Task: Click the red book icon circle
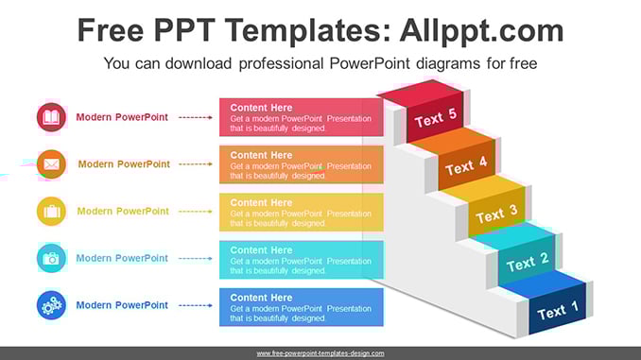tap(51, 117)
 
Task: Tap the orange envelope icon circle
tap(51, 164)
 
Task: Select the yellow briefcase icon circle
tap(51, 212)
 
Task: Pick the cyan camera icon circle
tap(51, 258)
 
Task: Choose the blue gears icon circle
tap(51, 305)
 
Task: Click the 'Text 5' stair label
tap(436, 118)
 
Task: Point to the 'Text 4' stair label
tap(466, 165)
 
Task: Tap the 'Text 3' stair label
tap(496, 214)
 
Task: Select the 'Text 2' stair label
tap(528, 262)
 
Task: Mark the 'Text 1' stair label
tap(558, 311)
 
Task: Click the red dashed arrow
tap(196, 118)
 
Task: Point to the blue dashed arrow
tap(196, 305)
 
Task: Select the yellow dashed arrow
tap(196, 212)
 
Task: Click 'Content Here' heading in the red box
tap(261, 108)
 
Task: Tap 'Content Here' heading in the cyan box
tap(261, 250)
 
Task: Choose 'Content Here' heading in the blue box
tap(261, 298)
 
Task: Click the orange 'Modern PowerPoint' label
tap(124, 164)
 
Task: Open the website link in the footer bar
tap(320, 353)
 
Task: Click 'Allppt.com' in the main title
tap(481, 30)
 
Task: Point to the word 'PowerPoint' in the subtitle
tap(370, 63)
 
